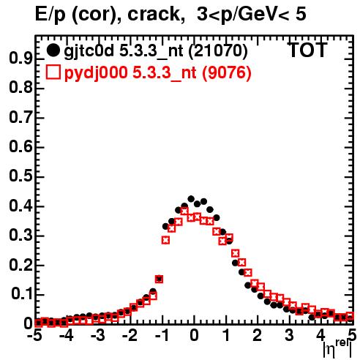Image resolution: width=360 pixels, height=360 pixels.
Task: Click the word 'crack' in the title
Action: point(154,14)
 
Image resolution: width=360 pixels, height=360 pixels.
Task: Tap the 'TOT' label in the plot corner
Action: point(308,50)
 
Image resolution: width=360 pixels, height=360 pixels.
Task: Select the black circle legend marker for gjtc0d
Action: point(53,50)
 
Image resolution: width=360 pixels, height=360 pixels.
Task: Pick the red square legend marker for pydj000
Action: point(53,72)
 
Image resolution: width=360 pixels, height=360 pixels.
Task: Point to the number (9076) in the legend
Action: point(227,73)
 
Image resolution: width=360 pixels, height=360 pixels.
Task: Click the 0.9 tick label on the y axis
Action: point(20,59)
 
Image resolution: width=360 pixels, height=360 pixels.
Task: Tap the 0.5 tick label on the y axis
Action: point(20,176)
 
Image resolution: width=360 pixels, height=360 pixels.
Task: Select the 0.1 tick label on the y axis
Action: point(22,294)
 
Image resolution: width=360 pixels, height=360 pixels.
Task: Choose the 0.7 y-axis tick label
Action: point(20,118)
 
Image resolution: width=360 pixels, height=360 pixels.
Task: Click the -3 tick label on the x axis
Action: point(98,336)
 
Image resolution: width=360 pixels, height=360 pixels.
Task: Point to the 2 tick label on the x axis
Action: point(258,336)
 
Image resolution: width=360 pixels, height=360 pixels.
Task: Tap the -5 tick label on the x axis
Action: point(35,336)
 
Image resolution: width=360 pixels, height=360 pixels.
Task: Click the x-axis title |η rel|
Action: point(337,348)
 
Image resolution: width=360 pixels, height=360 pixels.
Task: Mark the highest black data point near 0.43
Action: point(191,199)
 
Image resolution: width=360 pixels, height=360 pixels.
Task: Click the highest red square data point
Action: point(184,211)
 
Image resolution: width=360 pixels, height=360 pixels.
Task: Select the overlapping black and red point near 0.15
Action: point(159,279)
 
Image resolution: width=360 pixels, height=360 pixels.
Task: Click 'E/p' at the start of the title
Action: point(50,15)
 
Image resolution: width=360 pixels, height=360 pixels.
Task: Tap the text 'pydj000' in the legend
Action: point(96,73)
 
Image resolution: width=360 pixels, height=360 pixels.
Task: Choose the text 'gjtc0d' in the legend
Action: point(89,51)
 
